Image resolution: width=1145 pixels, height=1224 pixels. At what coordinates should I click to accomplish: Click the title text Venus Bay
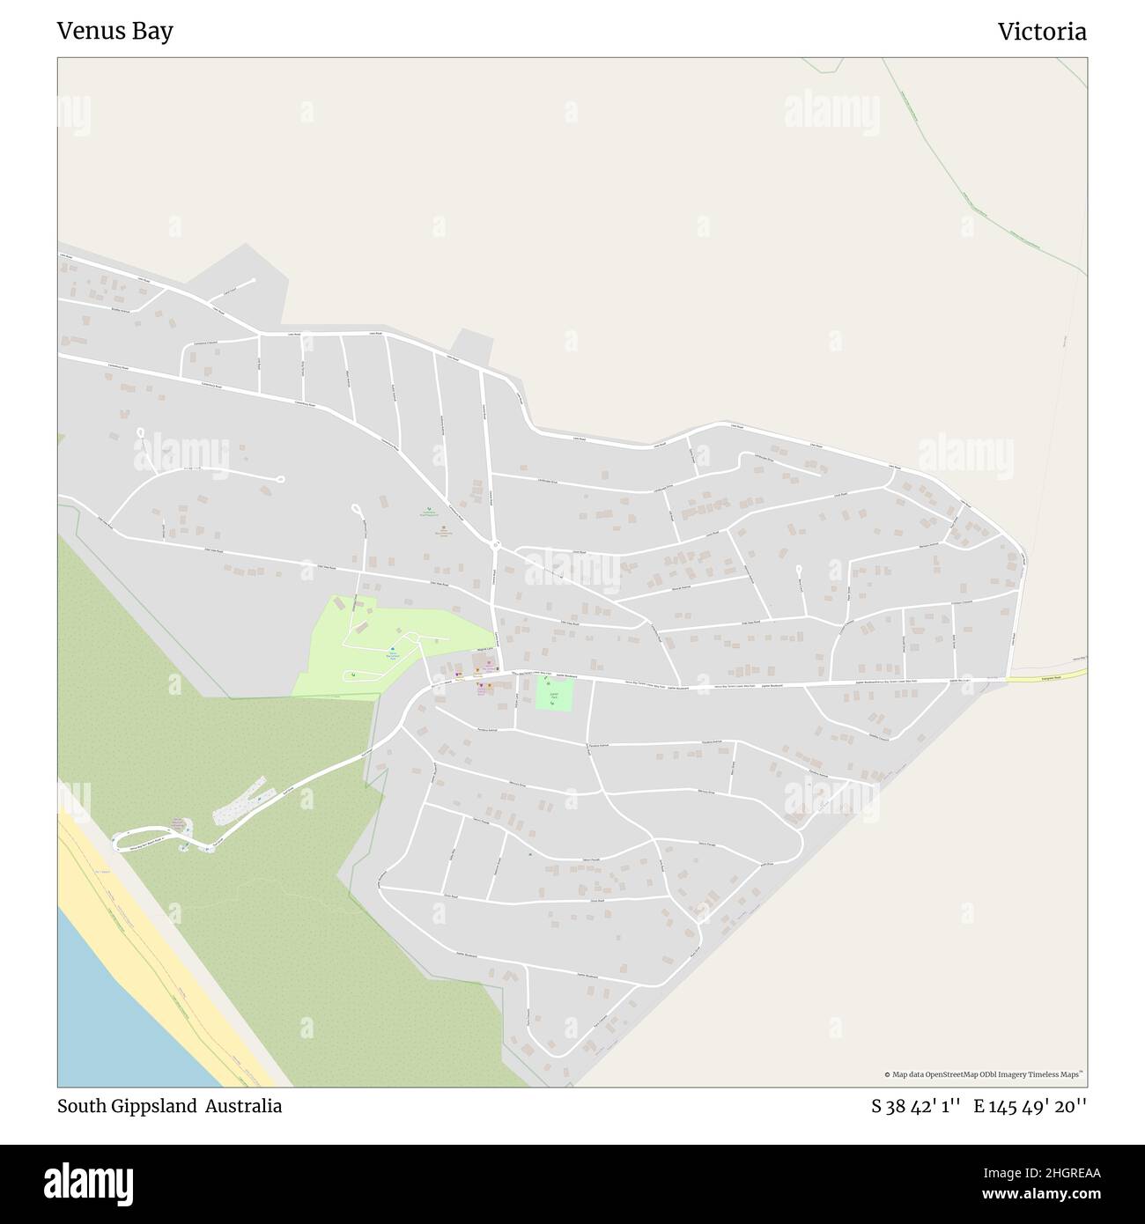[x=114, y=32]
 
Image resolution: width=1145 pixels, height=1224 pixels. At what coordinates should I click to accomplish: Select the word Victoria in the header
[x=1042, y=32]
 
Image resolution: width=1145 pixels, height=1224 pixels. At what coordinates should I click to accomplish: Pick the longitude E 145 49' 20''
[x=1030, y=1106]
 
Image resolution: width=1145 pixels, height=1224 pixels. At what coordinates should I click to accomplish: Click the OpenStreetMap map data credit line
[x=984, y=1074]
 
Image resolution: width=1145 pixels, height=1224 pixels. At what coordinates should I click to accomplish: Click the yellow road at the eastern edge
[x=1048, y=675]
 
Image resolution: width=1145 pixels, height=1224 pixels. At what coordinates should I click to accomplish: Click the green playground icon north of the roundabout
[x=431, y=510]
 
